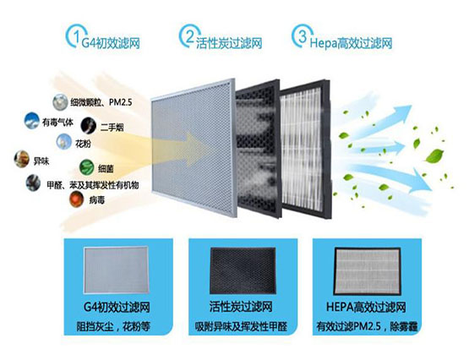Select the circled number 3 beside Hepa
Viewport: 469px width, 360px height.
[303, 36]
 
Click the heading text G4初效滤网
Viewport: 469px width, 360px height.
[111, 44]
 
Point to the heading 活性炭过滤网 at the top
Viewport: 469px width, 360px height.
[229, 44]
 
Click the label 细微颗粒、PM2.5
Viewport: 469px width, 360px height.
[101, 102]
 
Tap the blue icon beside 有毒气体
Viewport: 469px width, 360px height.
[32, 121]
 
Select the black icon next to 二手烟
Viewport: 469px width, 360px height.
[89, 125]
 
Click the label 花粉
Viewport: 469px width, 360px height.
[83, 144]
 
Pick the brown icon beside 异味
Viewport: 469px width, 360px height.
[21, 159]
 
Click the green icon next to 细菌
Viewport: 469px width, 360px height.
[87, 167]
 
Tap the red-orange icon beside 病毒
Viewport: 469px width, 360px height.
[77, 199]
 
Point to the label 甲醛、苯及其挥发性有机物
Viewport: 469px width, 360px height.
[93, 185]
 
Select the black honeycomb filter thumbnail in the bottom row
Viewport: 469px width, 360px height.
[243, 270]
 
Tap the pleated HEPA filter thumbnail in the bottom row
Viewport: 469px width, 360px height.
[368, 270]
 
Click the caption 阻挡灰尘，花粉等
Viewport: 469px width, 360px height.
[113, 326]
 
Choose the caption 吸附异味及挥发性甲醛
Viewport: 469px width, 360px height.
[241, 326]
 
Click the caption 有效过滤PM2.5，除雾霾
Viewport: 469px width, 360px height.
[367, 326]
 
